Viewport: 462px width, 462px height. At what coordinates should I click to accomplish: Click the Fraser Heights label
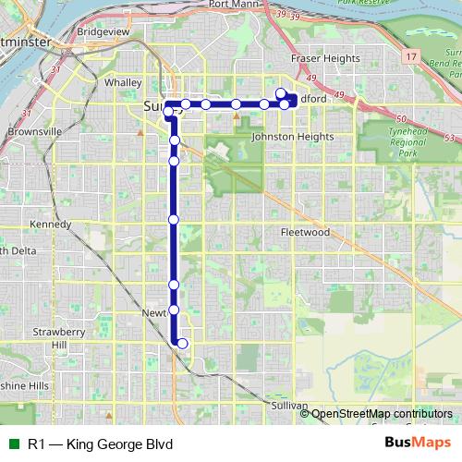325,58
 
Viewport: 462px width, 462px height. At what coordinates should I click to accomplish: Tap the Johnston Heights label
292,137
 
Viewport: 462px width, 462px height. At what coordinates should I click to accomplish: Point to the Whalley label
123,82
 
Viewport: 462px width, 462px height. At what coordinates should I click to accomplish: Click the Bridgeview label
103,30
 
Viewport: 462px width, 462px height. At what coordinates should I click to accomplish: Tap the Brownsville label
33,132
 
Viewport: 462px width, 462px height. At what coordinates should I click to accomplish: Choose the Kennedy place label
50,225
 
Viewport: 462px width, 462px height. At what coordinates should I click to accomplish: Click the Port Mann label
232,5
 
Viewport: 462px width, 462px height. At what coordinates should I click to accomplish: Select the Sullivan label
289,406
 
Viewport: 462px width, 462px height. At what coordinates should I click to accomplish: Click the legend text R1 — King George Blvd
100,444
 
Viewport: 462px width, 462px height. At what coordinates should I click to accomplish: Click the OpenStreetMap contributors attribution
382,415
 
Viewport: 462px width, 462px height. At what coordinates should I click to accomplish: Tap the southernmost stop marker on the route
182,344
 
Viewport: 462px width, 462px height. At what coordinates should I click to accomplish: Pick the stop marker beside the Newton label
174,310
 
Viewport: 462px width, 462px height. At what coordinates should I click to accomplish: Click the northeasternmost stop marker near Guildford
280,93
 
